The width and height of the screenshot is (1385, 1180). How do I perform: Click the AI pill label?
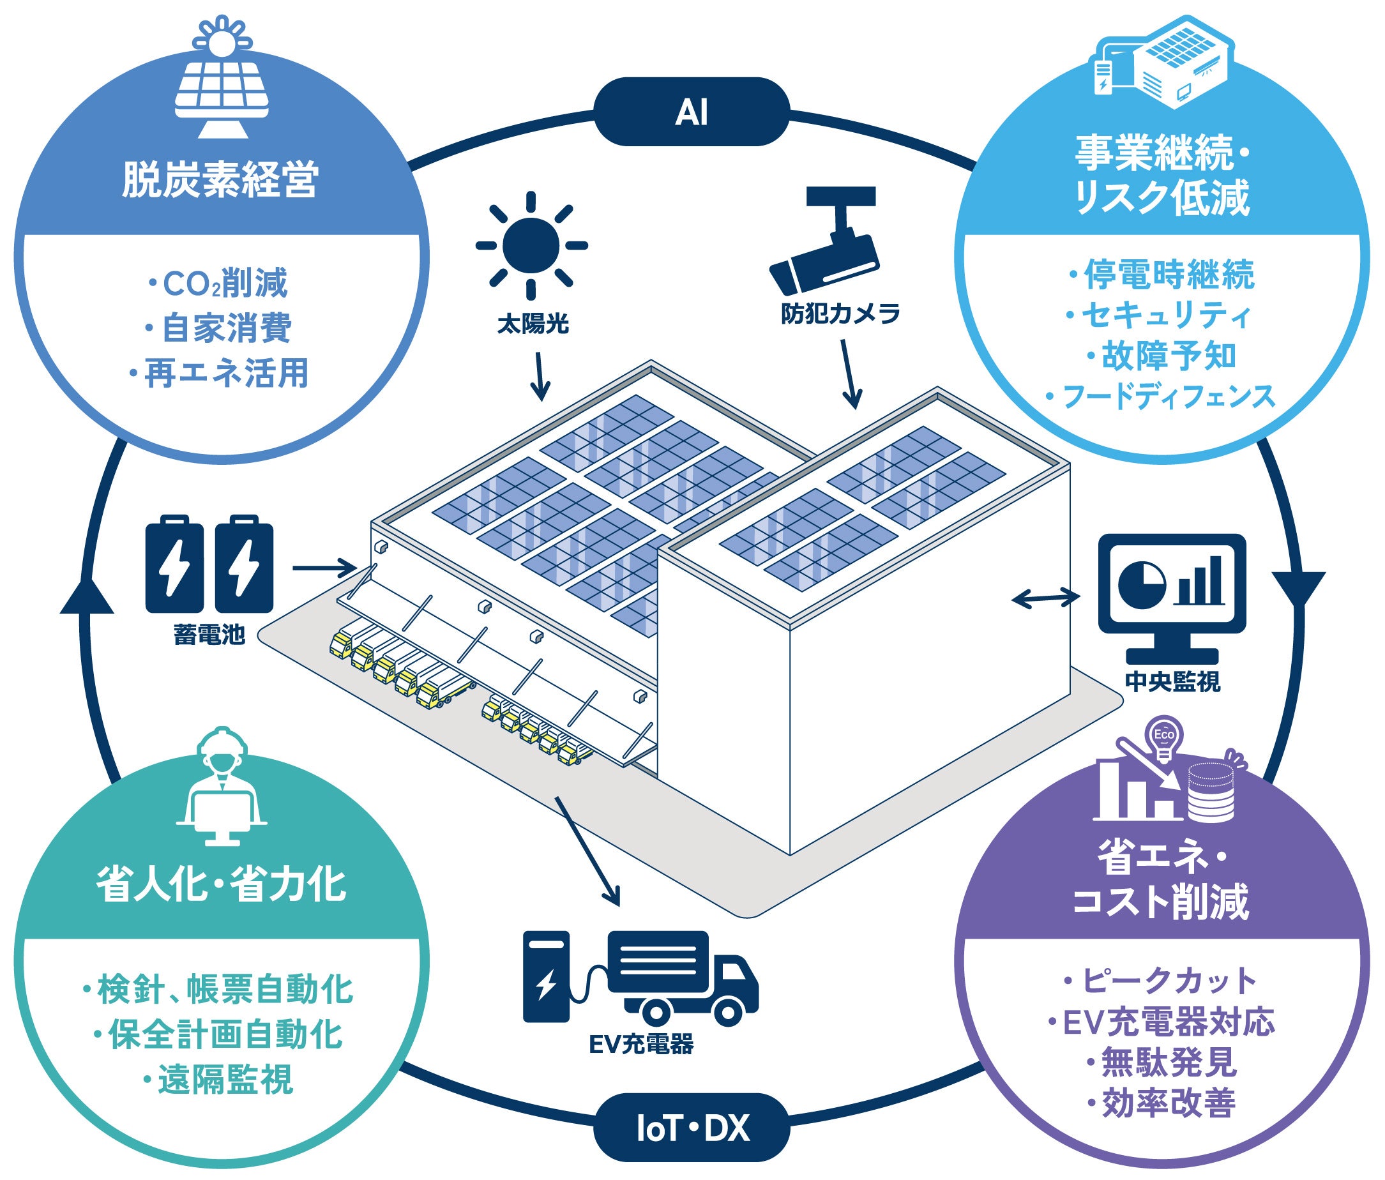(691, 112)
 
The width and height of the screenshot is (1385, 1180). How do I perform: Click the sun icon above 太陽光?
(531, 245)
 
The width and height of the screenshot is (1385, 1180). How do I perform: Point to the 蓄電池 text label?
(209, 635)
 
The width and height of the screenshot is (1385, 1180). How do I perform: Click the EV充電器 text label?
(641, 1044)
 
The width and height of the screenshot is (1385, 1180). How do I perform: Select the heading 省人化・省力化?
(221, 884)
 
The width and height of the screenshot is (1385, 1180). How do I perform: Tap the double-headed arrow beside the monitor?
(1046, 598)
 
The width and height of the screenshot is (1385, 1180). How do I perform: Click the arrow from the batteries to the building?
(325, 569)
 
